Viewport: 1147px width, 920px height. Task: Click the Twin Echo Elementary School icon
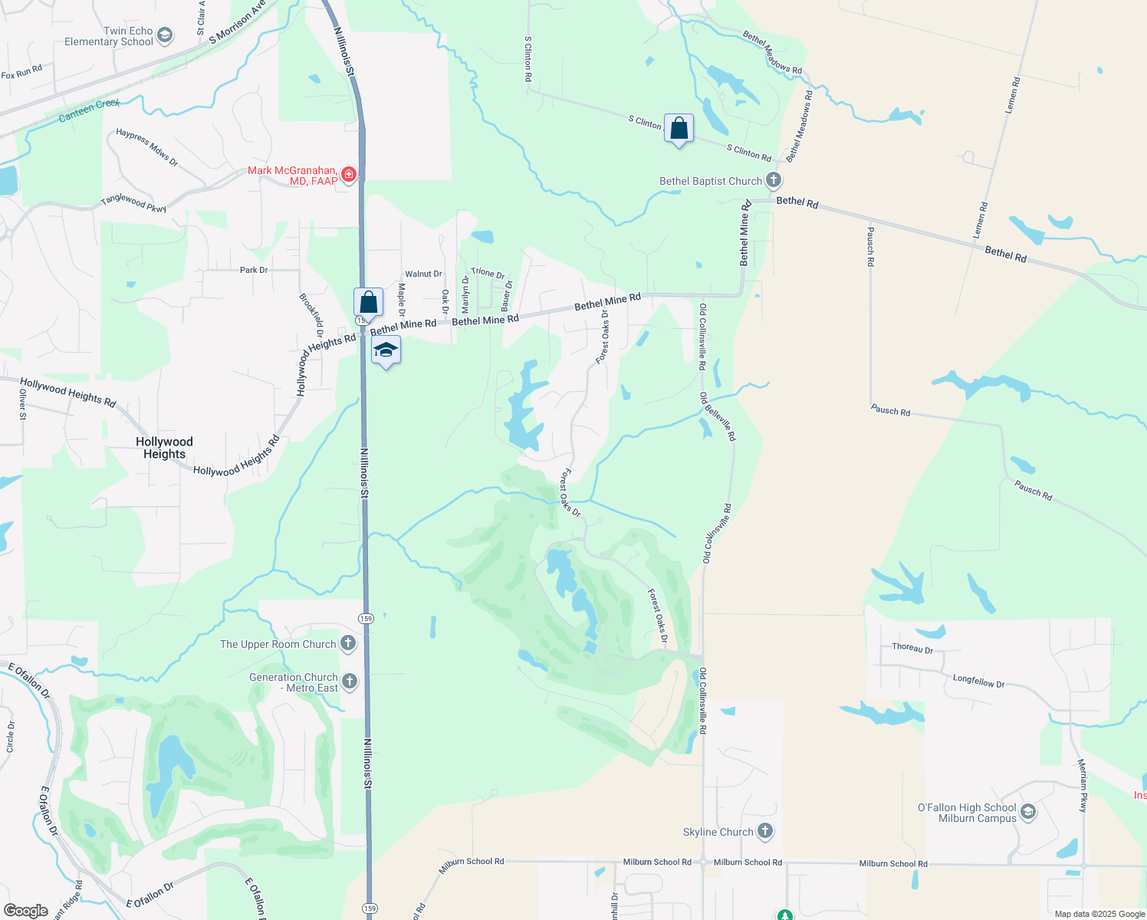tap(165, 36)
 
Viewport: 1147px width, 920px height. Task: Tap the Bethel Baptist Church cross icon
tap(773, 181)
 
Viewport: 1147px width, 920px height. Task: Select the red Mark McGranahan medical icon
tap(349, 175)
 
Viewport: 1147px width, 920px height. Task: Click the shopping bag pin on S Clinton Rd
tap(679, 128)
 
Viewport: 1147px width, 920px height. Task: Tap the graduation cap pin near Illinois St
tap(386, 351)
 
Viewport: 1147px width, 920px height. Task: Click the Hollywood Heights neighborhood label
tap(164, 448)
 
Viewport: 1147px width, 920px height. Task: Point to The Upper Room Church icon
tap(348, 643)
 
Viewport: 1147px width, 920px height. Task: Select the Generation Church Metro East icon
tap(349, 681)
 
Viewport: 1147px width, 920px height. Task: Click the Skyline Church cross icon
tap(764, 831)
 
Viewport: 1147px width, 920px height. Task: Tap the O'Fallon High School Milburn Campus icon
tap(1028, 811)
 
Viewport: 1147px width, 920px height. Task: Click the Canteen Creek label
tap(89, 110)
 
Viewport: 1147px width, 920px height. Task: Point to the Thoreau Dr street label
tap(912, 648)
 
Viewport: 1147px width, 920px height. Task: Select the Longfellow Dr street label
tap(978, 681)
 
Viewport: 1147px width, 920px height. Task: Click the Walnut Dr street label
tap(423, 274)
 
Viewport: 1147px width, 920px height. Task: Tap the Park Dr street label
tap(254, 270)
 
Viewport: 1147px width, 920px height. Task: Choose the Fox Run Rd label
tap(21, 73)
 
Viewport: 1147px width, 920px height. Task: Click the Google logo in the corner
tap(25, 911)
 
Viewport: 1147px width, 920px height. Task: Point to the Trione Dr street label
tap(488, 273)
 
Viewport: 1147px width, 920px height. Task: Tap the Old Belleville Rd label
tap(717, 416)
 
